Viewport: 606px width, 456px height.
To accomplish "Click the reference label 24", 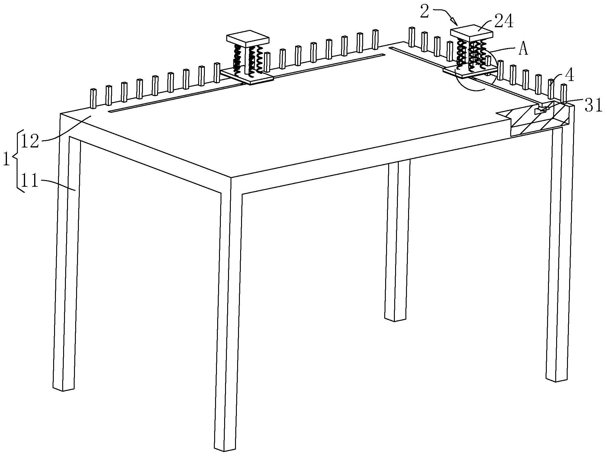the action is (x=504, y=22).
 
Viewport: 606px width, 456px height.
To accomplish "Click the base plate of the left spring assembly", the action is (x=247, y=76).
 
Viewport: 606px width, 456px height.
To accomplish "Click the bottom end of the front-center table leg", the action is (x=225, y=448).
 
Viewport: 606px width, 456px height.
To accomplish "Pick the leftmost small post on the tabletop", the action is (x=93, y=99).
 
